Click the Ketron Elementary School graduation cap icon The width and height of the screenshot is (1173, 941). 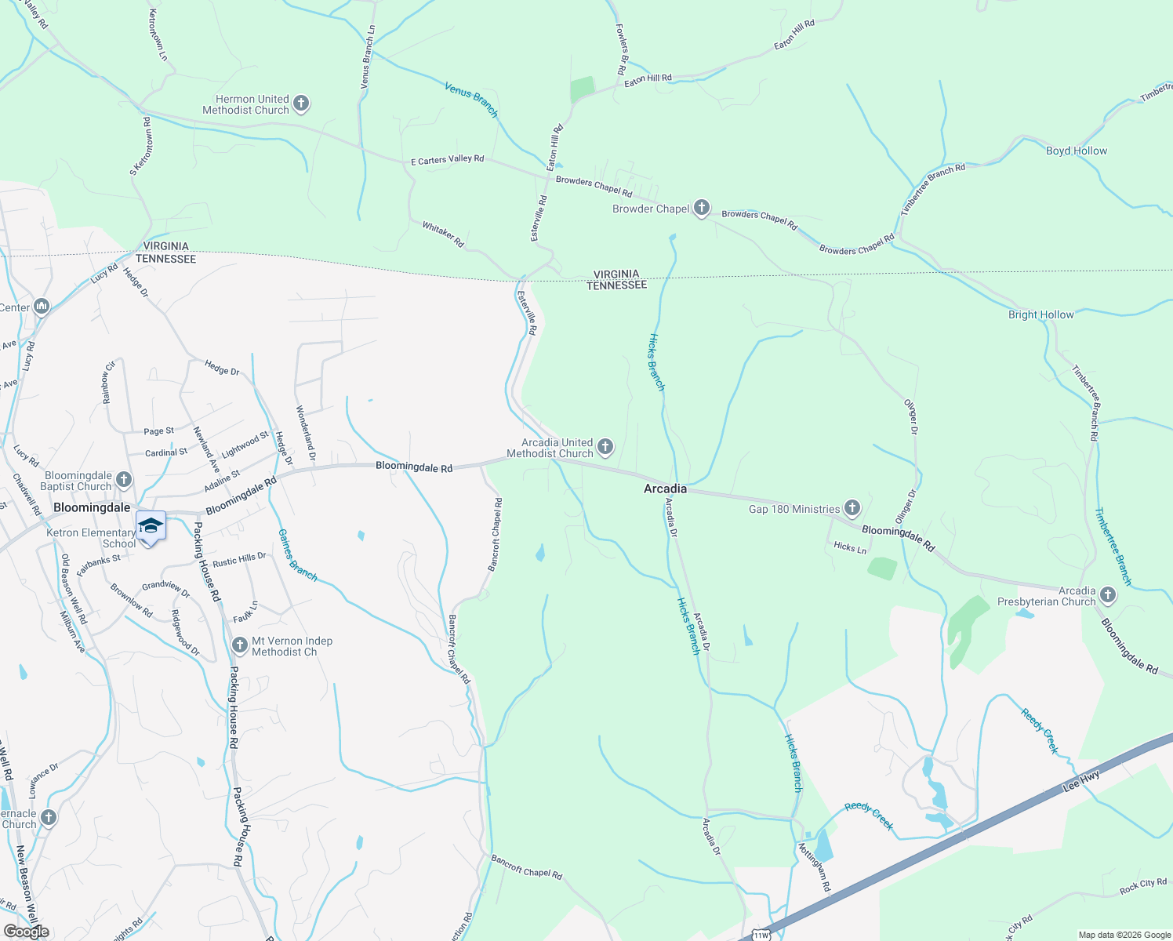(151, 525)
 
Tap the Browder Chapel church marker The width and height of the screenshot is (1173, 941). (702, 208)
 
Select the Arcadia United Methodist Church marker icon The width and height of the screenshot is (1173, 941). (605, 447)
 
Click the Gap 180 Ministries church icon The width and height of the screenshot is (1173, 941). (852, 508)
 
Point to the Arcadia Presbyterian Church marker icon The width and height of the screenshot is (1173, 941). (1108, 595)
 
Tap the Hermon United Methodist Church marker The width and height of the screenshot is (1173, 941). (301, 104)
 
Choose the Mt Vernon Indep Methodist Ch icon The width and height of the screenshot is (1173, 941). (241, 645)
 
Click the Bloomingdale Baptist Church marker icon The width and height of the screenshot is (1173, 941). (124, 480)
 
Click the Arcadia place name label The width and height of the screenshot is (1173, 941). (665, 489)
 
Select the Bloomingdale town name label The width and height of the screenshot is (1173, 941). (92, 507)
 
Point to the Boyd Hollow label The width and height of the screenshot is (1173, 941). (1077, 151)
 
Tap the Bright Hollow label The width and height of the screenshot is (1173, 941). (1040, 314)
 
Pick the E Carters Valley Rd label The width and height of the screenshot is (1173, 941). (448, 160)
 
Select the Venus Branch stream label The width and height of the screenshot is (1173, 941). (471, 100)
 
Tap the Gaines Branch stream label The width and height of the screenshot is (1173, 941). (298, 554)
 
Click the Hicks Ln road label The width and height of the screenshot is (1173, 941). (850, 547)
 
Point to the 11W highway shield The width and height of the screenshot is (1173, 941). (761, 935)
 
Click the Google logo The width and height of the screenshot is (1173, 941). (27, 932)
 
